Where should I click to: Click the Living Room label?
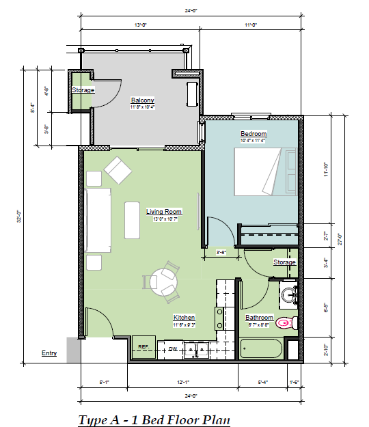(163, 212)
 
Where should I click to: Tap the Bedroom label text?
(253, 133)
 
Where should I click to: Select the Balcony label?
(143, 100)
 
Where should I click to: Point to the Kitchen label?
(184, 318)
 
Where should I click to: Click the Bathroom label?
(260, 318)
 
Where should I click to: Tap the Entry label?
(49, 353)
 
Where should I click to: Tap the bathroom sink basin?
(288, 295)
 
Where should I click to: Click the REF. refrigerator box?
(144, 348)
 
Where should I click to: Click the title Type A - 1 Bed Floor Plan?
(154, 419)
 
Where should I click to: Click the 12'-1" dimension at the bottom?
(184, 381)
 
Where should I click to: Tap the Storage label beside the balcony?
(83, 90)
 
